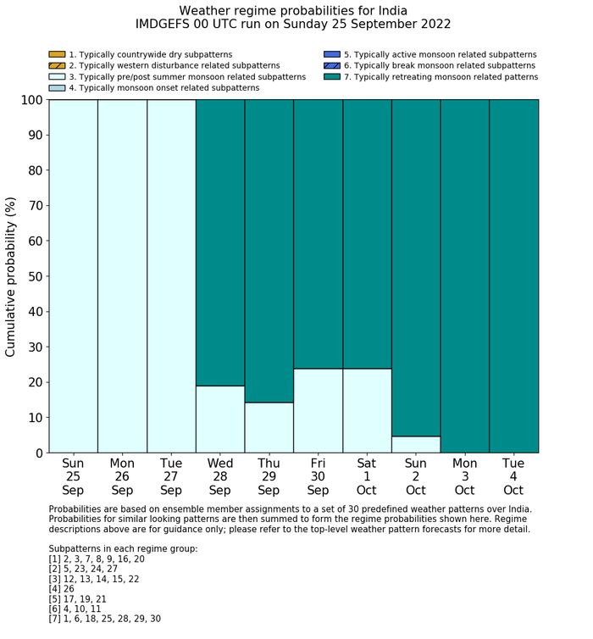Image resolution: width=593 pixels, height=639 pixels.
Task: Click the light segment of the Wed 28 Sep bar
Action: [x=220, y=419]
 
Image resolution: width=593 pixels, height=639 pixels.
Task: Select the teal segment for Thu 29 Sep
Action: [x=269, y=251]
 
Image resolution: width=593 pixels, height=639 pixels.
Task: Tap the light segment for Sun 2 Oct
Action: [x=416, y=444]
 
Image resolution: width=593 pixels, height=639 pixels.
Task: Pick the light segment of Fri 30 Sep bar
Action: [x=319, y=410]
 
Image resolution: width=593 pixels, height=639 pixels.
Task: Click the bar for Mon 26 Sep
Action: [x=122, y=276]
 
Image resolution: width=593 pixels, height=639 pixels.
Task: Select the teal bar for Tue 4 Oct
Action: [x=513, y=276]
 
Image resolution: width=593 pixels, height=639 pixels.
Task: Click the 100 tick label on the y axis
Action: [x=30, y=100]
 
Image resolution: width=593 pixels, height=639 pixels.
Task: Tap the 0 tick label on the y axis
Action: [x=39, y=453]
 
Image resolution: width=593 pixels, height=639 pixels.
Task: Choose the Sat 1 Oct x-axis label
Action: [x=367, y=476]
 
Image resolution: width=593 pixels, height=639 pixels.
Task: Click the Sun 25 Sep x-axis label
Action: [x=73, y=476]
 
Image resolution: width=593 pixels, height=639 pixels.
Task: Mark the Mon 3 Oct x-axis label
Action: [x=464, y=476]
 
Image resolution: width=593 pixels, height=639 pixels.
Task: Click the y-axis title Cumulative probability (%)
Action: [x=11, y=276]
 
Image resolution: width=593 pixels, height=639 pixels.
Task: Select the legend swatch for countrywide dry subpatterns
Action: [x=57, y=55]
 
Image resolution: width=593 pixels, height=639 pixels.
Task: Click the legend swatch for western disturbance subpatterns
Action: [x=57, y=66]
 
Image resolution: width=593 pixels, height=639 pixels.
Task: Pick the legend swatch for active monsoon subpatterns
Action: [x=332, y=55]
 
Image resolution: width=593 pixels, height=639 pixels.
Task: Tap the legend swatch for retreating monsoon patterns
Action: [x=332, y=77]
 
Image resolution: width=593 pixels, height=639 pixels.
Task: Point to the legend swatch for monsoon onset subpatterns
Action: [x=57, y=88]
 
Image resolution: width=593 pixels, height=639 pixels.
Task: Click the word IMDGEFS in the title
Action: [x=164, y=25]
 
